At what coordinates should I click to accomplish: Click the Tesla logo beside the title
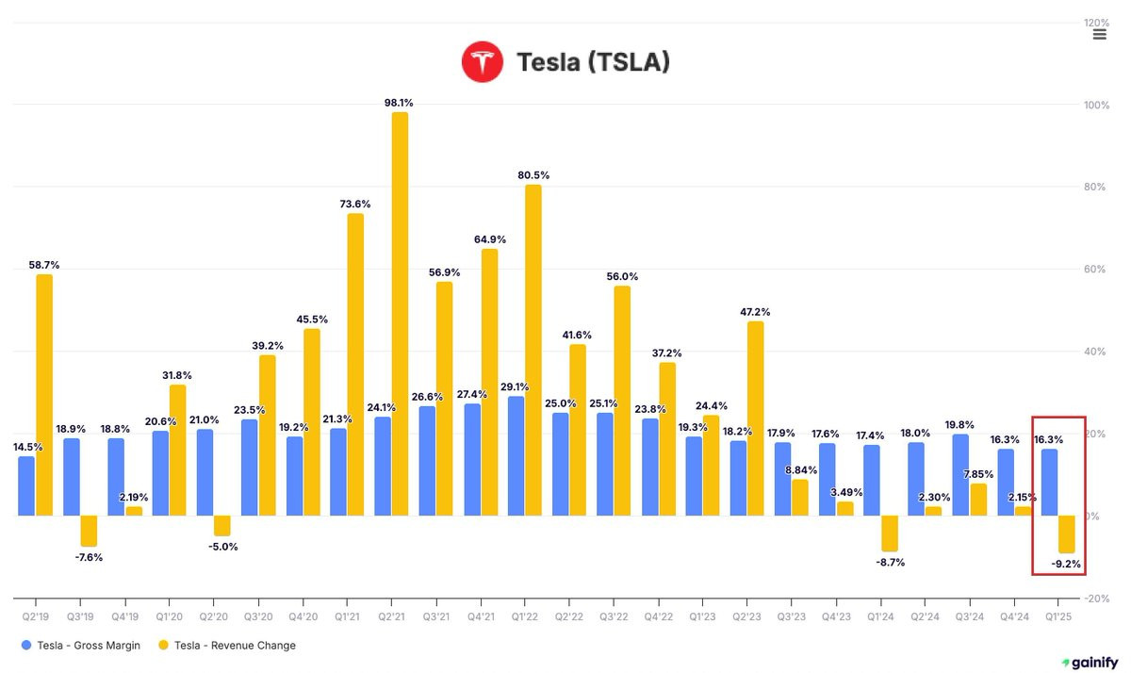click(x=483, y=62)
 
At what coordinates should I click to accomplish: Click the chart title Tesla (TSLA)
click(x=593, y=63)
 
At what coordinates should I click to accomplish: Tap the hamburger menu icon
click(x=1099, y=35)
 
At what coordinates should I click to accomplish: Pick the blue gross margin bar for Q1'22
click(x=516, y=455)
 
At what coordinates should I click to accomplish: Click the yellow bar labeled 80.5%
click(x=533, y=350)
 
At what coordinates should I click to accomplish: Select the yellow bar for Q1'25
click(x=1067, y=533)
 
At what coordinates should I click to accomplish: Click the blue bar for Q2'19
click(x=26, y=485)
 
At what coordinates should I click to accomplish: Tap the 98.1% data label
click(x=400, y=103)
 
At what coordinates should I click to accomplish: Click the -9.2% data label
click(x=1066, y=566)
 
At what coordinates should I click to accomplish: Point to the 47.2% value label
click(x=756, y=312)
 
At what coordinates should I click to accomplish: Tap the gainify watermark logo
click(x=1090, y=663)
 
